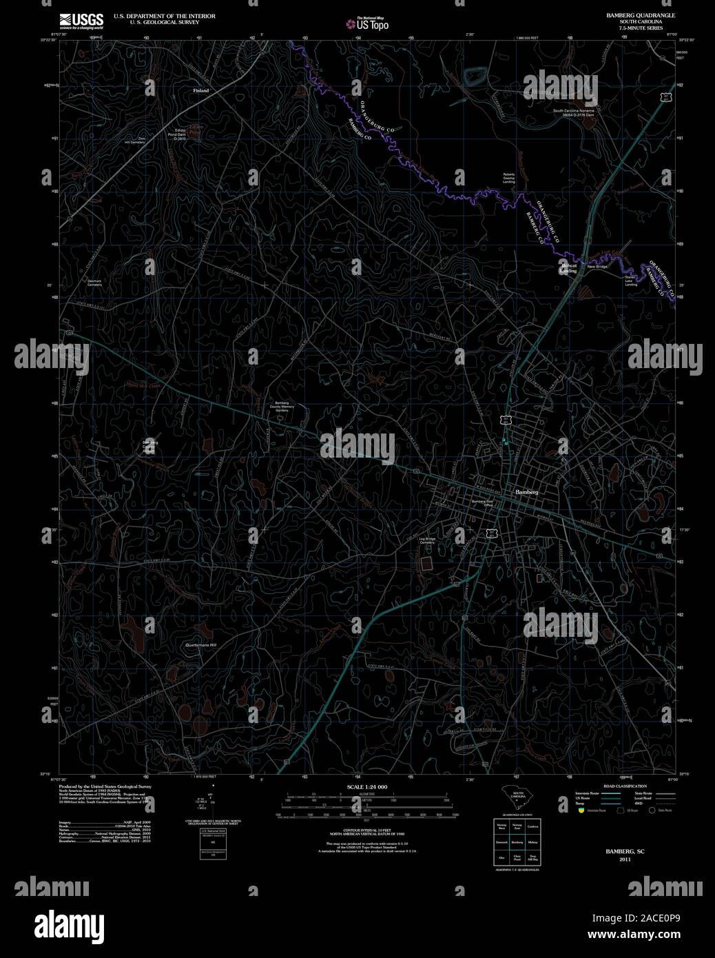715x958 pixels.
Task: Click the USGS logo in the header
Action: point(81,19)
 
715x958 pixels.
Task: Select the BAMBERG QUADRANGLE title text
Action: point(641,14)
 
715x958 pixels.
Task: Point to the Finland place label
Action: point(200,90)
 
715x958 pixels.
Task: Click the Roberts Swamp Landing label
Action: point(508,177)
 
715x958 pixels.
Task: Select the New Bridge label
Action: point(596,266)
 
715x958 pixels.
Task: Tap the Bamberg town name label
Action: point(526,493)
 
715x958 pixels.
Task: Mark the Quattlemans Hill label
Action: point(201,644)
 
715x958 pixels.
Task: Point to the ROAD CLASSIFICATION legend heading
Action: point(625,786)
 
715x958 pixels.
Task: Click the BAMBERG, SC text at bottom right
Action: point(624,852)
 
